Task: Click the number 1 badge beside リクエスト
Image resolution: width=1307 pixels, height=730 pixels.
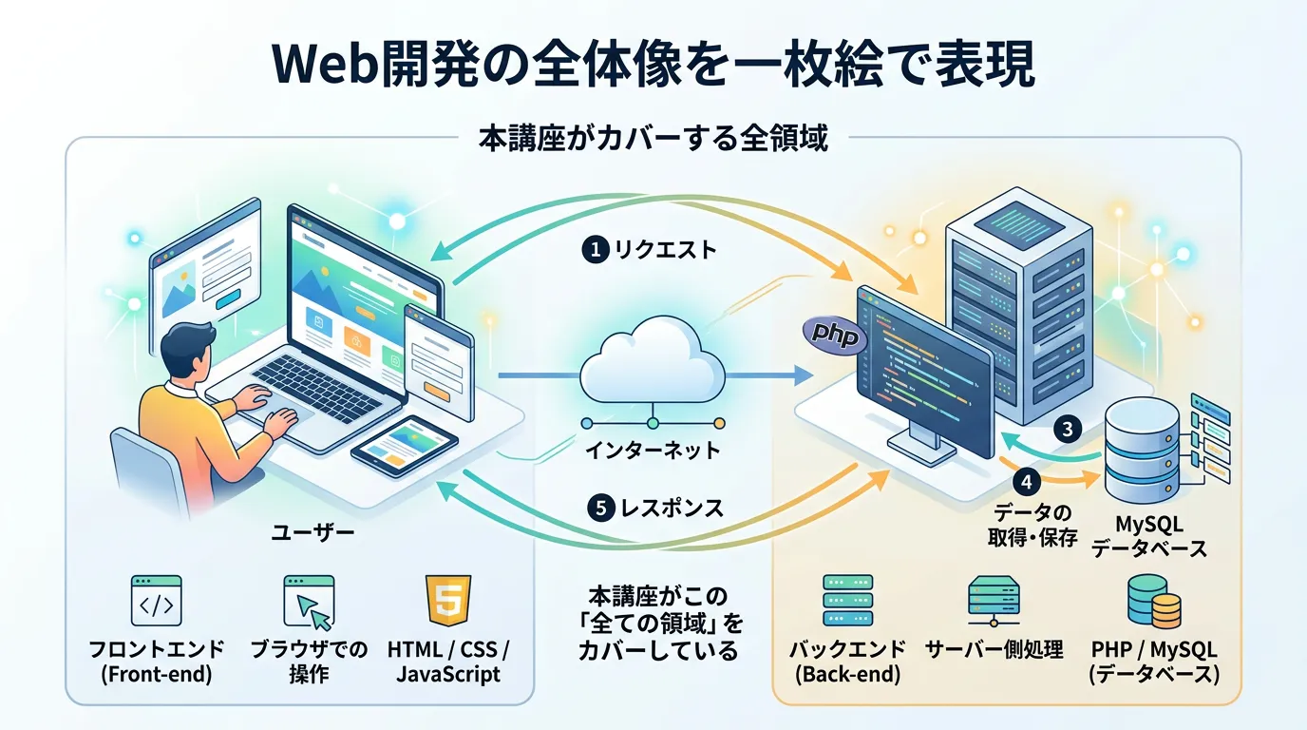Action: (594, 250)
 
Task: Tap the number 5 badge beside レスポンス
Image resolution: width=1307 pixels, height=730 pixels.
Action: (600, 509)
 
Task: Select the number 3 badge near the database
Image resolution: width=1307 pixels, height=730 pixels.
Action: (1067, 429)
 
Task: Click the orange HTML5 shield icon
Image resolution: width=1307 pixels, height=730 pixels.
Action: (448, 601)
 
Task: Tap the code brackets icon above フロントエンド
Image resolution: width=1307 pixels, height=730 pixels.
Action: (156, 601)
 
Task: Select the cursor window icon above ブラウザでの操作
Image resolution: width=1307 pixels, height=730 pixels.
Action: (309, 601)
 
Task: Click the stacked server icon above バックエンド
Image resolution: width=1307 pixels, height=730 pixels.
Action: (847, 601)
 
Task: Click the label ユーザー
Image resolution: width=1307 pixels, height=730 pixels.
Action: (313, 532)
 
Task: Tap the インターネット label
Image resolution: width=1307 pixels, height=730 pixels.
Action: (652, 451)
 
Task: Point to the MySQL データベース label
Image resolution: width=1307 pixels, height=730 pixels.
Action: (1148, 537)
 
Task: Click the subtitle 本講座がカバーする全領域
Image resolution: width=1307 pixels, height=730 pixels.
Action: (653, 139)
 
